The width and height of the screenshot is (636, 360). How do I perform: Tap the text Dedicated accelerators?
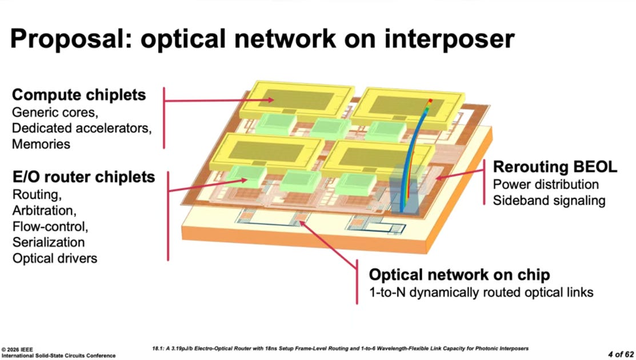[x=81, y=127]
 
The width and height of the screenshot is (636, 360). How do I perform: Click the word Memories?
[x=41, y=143]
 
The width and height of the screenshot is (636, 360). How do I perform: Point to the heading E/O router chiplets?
[x=83, y=177]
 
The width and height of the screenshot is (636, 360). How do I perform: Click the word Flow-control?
[x=50, y=226]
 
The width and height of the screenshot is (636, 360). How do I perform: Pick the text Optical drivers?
[x=55, y=258]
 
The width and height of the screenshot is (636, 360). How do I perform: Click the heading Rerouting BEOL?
[x=555, y=167]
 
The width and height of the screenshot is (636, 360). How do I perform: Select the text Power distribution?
[x=546, y=185]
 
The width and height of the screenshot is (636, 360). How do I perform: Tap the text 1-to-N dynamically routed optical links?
[x=481, y=292]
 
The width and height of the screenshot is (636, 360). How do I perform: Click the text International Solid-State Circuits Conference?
[x=58, y=355]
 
